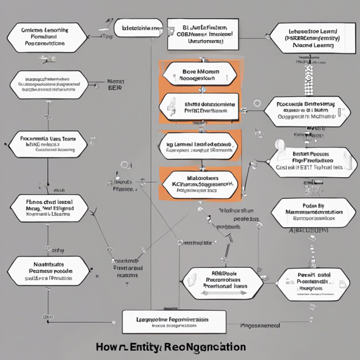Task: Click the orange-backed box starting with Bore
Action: [200, 75]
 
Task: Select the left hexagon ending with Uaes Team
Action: [49, 144]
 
